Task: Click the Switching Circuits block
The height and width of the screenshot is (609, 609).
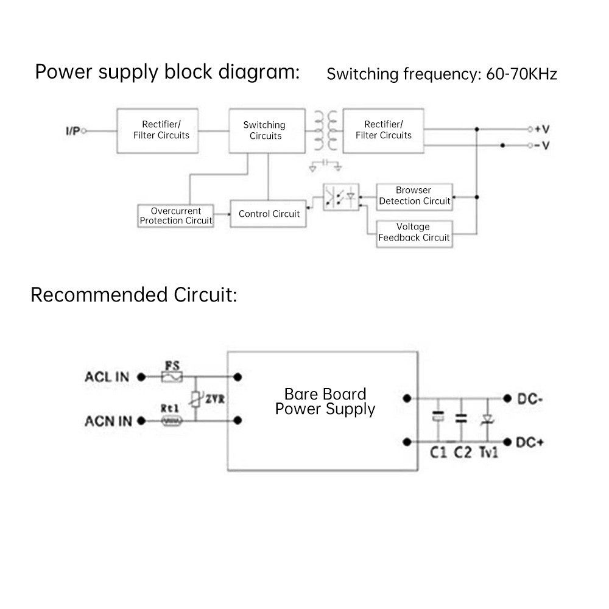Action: [266, 131]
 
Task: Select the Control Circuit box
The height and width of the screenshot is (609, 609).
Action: [269, 214]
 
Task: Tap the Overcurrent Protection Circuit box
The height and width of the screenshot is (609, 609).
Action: [175, 216]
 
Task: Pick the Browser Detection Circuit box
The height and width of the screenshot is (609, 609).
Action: [414, 196]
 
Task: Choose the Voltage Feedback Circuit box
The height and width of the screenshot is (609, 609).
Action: [414, 233]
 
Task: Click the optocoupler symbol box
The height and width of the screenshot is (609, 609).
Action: [341, 197]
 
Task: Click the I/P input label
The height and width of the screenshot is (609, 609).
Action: [72, 131]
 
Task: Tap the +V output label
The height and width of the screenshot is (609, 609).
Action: [542, 129]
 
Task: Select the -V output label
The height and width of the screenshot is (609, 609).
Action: [542, 146]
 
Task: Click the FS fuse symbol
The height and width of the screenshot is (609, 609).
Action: [171, 378]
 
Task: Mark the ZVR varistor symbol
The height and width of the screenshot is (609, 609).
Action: [196, 400]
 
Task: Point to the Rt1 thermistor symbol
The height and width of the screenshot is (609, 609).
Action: [171, 421]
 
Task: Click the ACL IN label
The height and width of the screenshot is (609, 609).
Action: [107, 377]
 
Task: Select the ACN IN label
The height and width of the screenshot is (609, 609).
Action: [108, 421]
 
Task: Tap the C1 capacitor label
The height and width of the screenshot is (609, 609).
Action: [438, 452]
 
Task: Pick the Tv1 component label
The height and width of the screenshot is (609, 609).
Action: [488, 452]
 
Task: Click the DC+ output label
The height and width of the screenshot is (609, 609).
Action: [529, 442]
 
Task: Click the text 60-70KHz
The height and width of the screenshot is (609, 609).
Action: [522, 74]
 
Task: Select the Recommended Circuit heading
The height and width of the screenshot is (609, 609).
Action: [133, 295]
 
